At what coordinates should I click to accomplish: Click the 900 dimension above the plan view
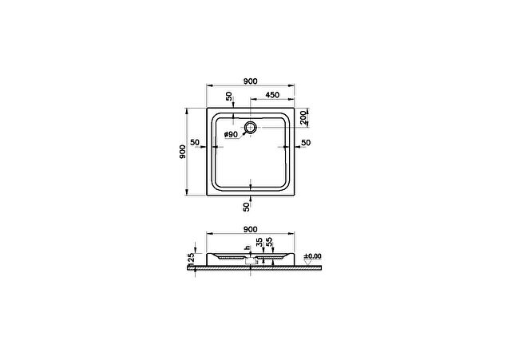(x=250, y=81)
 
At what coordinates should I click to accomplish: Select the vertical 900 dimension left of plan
(x=183, y=152)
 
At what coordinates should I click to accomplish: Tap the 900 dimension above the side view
(x=250, y=229)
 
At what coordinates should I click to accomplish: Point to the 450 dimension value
(x=272, y=95)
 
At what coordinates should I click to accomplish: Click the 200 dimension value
(x=303, y=117)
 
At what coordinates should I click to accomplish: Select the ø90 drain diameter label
(x=231, y=135)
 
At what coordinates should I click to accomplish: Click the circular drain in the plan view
(x=250, y=128)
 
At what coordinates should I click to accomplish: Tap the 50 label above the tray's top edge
(x=229, y=96)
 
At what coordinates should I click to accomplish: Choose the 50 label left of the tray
(x=195, y=142)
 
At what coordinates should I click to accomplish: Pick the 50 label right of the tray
(x=306, y=143)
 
